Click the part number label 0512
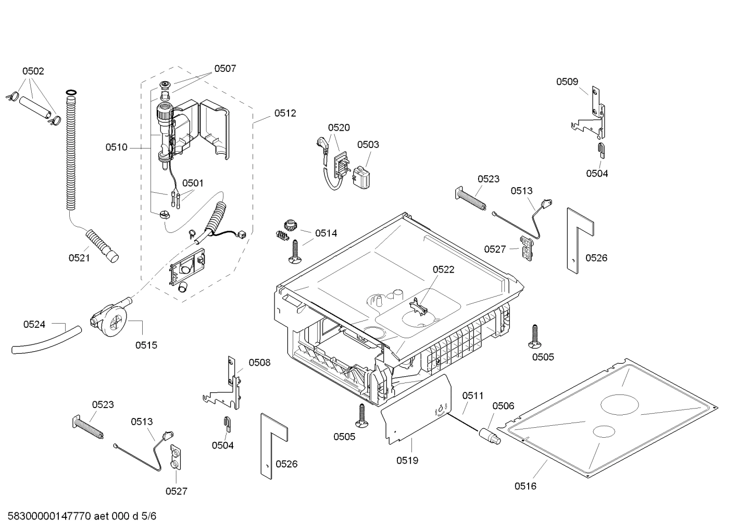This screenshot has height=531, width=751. click(285, 113)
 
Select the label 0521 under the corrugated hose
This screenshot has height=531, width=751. click(79, 257)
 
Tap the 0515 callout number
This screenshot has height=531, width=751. click(146, 345)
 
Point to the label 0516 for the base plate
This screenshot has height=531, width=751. click(525, 486)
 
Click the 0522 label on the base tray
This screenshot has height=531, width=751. click(443, 269)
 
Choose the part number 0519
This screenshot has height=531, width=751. click(407, 460)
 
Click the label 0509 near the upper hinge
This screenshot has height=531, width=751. click(567, 81)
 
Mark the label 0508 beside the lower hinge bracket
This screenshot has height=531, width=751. click(259, 362)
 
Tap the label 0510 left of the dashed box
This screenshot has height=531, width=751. click(116, 147)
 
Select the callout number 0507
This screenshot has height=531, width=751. click(225, 68)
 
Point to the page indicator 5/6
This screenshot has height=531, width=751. click(148, 516)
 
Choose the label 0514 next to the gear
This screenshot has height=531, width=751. click(326, 233)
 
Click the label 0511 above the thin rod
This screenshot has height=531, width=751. click(473, 396)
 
